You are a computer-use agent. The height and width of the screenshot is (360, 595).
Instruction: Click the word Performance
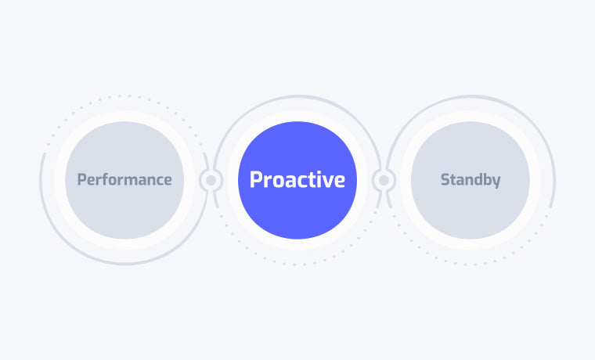tap(124, 179)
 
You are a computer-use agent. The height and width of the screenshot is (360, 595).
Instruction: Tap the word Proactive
tap(297, 179)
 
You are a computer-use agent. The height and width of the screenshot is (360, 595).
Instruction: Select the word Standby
tap(471, 180)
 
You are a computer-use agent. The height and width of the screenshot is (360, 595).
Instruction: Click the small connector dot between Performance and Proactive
tap(211, 180)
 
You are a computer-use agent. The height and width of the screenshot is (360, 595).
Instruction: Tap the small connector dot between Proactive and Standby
tap(384, 180)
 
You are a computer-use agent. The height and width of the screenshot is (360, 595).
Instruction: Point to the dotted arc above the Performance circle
tap(124, 96)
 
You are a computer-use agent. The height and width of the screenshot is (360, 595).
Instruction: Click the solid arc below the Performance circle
tap(124, 263)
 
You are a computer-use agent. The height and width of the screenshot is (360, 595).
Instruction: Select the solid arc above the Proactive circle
tap(297, 96)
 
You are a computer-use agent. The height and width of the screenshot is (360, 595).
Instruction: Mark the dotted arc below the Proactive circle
tap(297, 264)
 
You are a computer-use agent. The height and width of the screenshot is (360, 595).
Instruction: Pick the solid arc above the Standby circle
tap(471, 96)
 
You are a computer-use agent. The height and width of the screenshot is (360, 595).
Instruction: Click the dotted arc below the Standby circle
tap(471, 264)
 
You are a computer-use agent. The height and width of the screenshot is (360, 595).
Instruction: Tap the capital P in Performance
tap(81, 179)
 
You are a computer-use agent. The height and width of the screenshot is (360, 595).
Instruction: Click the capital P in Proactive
tap(255, 179)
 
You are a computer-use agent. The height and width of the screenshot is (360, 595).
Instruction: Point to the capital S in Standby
tap(445, 179)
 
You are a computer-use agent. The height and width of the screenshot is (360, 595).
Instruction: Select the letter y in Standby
tap(496, 182)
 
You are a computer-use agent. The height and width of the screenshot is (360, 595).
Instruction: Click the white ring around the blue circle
tap(297, 116)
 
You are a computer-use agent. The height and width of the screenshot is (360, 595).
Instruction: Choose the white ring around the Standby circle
tap(471, 116)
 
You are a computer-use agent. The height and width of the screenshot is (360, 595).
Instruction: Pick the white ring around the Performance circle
tap(124, 116)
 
